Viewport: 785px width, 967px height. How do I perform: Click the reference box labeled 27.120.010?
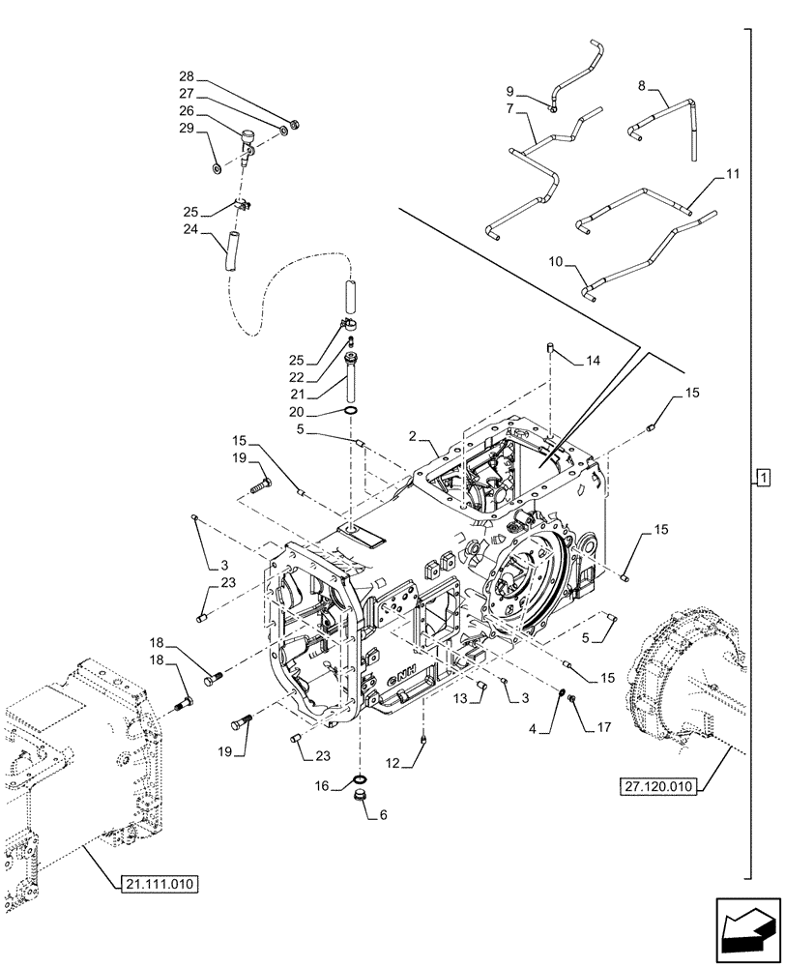tap(653, 786)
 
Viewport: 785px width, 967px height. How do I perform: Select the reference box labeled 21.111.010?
tap(160, 882)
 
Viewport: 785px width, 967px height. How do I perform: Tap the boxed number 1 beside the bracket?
tap(763, 477)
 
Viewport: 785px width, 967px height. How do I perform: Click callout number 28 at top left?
tap(187, 76)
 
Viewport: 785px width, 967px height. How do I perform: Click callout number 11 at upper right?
tap(732, 174)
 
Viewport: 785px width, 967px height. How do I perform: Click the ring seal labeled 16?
tap(359, 779)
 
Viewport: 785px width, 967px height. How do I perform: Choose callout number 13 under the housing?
tap(461, 698)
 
